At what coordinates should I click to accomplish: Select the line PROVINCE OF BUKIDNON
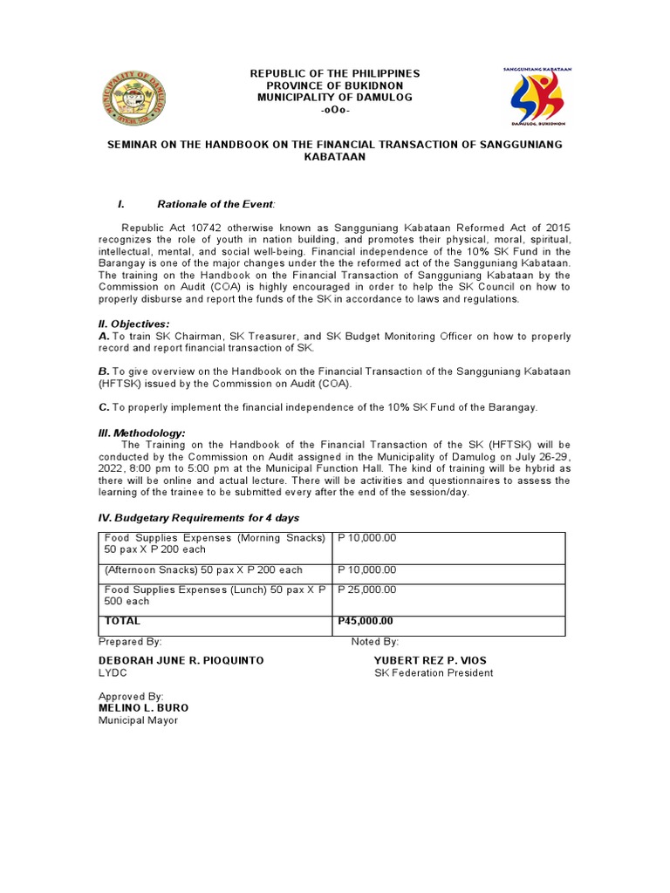[335, 85]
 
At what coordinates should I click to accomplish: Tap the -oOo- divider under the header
[335, 111]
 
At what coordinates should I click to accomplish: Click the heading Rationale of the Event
[215, 204]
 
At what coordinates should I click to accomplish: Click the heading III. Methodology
[141, 433]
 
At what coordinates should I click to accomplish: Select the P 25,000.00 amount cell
[366, 590]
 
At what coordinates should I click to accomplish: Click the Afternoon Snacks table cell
[203, 569]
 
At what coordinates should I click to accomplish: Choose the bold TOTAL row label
[122, 621]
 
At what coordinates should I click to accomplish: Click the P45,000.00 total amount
[365, 621]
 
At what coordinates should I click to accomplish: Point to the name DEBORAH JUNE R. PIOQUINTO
[181, 660]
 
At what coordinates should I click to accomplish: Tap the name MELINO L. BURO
[143, 708]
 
